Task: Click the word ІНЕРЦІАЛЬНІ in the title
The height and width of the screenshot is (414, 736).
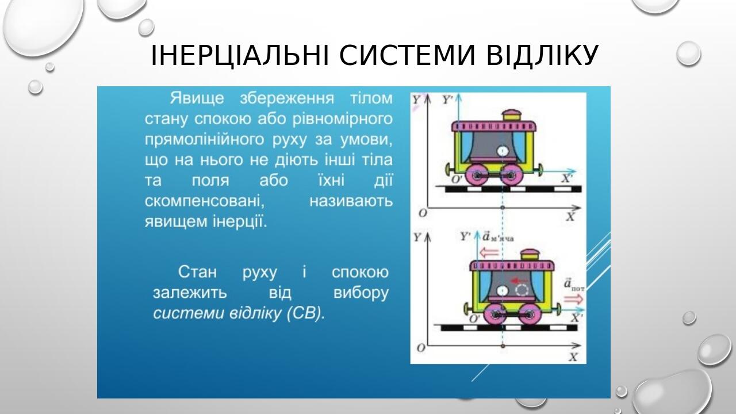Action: [240, 55]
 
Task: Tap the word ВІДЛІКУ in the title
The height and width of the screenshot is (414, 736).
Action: [542, 55]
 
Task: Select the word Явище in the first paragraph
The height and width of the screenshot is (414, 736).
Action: [197, 98]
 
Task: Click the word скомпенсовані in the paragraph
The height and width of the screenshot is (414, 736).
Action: [204, 201]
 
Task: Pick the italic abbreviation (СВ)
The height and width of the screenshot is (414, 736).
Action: [305, 313]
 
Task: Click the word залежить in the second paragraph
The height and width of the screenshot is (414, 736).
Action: [190, 293]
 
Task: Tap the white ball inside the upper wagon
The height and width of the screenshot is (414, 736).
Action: [503, 151]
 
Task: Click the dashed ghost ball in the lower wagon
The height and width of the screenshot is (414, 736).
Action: [522, 290]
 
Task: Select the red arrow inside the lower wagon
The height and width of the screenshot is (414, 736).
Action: [519, 281]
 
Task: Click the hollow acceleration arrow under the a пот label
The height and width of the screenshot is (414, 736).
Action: [573, 298]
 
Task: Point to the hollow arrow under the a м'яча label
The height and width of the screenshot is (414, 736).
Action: [489, 252]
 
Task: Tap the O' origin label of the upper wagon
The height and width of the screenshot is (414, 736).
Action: [457, 179]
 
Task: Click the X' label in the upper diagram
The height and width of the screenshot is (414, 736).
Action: [566, 178]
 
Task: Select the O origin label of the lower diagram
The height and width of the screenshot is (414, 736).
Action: [421, 348]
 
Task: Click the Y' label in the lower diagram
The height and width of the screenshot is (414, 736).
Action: [466, 236]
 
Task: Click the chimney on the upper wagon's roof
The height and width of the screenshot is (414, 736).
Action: [512, 116]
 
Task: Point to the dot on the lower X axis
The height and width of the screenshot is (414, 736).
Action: [503, 346]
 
